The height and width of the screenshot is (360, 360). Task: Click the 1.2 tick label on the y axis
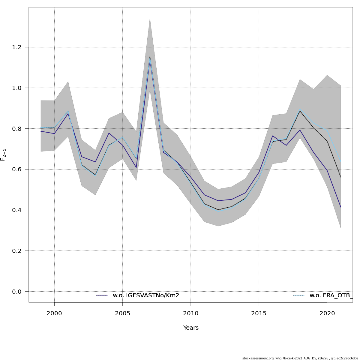pyautogui.click(x=17, y=47)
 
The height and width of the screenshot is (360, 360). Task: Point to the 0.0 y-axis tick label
pyautogui.click(x=17, y=292)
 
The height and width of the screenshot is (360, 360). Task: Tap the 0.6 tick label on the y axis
pyautogui.click(x=17, y=169)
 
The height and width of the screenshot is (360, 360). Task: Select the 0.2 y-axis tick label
pyautogui.click(x=17, y=251)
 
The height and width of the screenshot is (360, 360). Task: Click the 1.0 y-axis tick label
pyautogui.click(x=17, y=88)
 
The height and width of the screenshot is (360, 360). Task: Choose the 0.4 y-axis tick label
pyautogui.click(x=17, y=210)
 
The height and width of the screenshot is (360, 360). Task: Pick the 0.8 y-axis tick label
pyautogui.click(x=17, y=129)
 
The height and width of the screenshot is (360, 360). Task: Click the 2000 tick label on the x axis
pyautogui.click(x=54, y=313)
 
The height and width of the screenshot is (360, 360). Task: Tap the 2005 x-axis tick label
pyautogui.click(x=122, y=313)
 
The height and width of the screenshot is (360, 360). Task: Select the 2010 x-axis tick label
pyautogui.click(x=191, y=313)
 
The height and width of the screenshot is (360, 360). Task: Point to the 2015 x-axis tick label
pyautogui.click(x=259, y=313)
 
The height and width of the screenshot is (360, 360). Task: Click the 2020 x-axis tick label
pyautogui.click(x=327, y=313)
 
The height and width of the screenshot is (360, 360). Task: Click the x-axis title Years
pyautogui.click(x=191, y=328)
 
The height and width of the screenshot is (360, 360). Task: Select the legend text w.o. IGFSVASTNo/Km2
pyautogui.click(x=146, y=295)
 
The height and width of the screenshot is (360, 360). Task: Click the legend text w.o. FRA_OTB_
pyautogui.click(x=331, y=295)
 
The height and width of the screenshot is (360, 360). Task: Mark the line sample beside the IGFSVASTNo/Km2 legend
pyautogui.click(x=102, y=295)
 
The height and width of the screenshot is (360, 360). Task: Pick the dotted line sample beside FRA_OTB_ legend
pyautogui.click(x=298, y=295)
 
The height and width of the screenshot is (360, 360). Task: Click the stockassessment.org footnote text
pyautogui.click(x=300, y=358)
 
